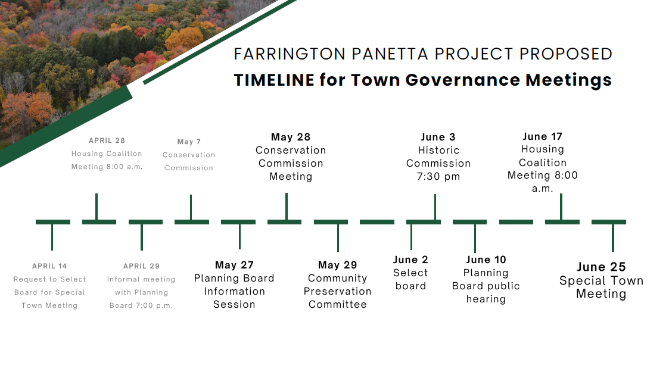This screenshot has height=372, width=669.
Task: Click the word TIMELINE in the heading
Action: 274,80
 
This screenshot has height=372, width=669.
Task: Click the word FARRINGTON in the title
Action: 290,54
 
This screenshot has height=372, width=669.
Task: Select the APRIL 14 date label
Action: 49,266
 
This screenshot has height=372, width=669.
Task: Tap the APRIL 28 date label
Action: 107,140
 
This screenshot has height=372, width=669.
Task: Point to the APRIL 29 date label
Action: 141,266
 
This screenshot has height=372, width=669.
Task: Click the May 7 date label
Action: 189,142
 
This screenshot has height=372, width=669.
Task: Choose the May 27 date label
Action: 234,265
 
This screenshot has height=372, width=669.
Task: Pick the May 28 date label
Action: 291,137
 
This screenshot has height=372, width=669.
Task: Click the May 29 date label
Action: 338,265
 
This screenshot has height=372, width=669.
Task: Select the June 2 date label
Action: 410,260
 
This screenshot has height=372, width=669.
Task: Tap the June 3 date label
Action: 438,137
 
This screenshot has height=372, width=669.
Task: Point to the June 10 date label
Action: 486,260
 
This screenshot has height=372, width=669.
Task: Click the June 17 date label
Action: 542,136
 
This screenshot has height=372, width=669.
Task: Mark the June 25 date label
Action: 601,267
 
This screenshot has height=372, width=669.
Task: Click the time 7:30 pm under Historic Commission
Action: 438,176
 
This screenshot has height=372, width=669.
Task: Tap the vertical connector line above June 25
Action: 612,237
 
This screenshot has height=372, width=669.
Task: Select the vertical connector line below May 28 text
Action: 287,207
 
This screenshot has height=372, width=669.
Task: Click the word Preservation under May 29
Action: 338,292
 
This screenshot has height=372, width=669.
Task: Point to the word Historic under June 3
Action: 438,150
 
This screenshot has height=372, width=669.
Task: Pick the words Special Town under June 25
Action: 601,281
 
